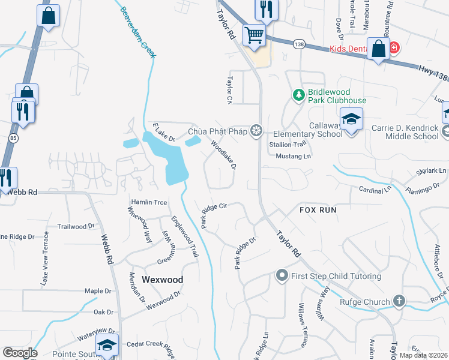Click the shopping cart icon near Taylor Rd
tap(255, 35)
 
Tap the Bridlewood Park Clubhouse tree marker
tap(298, 95)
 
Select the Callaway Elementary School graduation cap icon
tap(352, 118)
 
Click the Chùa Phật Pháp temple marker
tap(257, 130)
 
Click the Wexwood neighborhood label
tap(162, 280)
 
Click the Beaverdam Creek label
tap(139, 33)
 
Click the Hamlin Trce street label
tap(149, 202)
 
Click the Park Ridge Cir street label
tap(213, 214)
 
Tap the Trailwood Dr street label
tap(76, 227)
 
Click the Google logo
tap(20, 353)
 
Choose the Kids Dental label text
tap(351, 49)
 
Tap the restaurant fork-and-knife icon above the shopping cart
tap(265, 9)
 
